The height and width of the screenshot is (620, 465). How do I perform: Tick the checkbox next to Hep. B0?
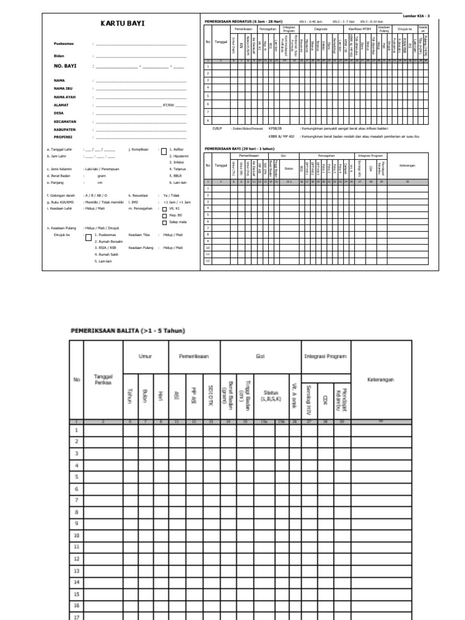coord(165,215)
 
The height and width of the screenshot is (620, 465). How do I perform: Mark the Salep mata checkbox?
coord(165,222)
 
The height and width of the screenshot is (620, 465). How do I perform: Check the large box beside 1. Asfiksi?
coord(163,151)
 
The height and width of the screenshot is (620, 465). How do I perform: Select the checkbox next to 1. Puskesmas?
coord(89,237)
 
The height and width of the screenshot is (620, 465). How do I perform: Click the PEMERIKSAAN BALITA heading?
coord(128,331)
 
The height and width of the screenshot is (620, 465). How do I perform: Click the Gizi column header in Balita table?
coord(260,357)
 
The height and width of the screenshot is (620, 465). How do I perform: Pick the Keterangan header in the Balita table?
coord(381,380)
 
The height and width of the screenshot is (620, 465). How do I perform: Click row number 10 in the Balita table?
coord(77,536)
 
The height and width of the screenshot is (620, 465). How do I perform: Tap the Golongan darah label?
coord(62,196)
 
